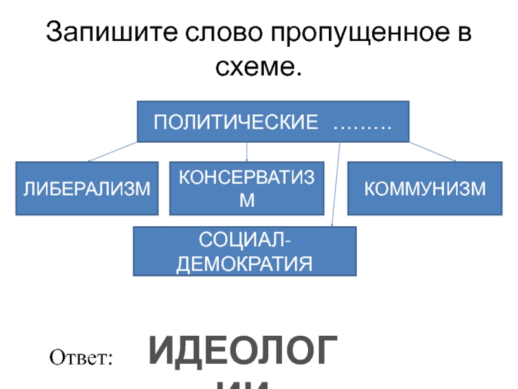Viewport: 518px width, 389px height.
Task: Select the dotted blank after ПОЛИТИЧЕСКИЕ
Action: pyautogui.click(x=362, y=123)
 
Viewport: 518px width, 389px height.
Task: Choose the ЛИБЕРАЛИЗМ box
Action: pyautogui.click(x=87, y=189)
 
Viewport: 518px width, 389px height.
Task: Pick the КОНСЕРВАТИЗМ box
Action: pyautogui.click(x=247, y=189)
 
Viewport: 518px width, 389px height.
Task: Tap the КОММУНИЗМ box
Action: pyautogui.click(x=424, y=189)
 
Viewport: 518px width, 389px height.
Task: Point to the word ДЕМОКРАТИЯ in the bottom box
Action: pyautogui.click(x=245, y=263)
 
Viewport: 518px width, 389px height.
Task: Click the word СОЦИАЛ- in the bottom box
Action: pyautogui.click(x=245, y=241)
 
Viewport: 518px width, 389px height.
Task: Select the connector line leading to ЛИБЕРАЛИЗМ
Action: pyautogui.click(x=113, y=151)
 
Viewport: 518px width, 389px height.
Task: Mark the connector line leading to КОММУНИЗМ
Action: pyautogui.click(x=433, y=152)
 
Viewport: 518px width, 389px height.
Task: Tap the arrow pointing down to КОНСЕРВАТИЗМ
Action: pyautogui.click(x=247, y=153)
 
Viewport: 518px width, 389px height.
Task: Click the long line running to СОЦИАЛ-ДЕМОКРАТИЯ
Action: pyautogui.click(x=336, y=185)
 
